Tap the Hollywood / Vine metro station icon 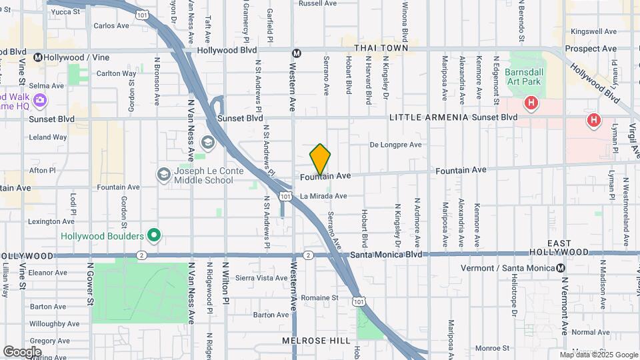39,57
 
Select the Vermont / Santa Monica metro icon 561,268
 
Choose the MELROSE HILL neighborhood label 316,341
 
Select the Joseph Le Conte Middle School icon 163,175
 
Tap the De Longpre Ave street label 396,145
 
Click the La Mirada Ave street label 323,196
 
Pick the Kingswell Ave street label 594,31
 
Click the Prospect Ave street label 591,49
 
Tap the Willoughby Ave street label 55,324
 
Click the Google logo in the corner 22,351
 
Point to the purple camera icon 40,100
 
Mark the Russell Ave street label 318,3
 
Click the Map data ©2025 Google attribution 599,355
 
